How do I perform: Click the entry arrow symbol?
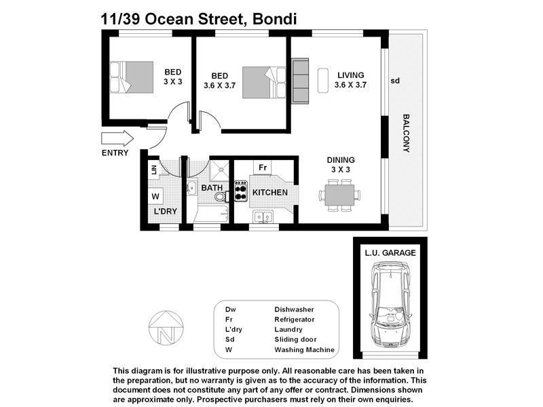click(116, 139)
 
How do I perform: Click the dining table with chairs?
click(339, 195)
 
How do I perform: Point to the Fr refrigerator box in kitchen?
click(263, 168)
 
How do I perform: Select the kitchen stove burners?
click(241, 191)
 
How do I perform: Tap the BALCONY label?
click(407, 132)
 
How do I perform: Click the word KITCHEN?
click(270, 193)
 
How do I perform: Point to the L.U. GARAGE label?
click(390, 252)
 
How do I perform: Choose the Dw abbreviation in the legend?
click(231, 309)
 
